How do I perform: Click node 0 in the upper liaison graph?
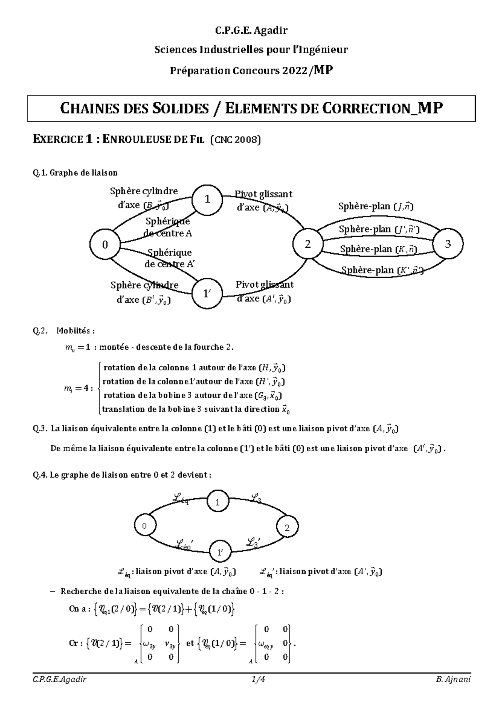coord(105,245)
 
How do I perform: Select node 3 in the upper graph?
coord(448,244)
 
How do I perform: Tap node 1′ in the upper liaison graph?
coord(207,294)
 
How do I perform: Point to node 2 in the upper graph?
coord(308,244)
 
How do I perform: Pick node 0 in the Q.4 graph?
coord(145,526)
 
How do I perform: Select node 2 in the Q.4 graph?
coord(287,528)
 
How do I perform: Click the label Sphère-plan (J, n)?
coord(375,206)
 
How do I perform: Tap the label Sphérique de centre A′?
coord(169,258)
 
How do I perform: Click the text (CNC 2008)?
coord(236,140)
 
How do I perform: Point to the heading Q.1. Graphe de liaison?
coord(75,173)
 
